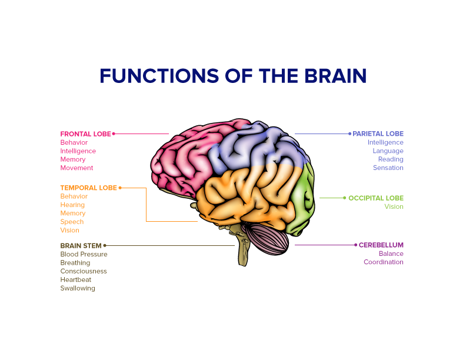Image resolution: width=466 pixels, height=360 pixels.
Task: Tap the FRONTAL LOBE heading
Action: coord(85,134)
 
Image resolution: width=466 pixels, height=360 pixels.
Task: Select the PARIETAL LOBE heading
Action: coord(378,134)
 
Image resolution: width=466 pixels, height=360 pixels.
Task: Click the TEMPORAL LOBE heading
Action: coord(88,188)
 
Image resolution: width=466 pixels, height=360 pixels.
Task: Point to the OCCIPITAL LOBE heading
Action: coord(376,198)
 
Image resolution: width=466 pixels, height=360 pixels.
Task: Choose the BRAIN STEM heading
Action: coord(81,245)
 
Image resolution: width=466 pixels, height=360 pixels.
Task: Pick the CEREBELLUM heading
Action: coord(381,245)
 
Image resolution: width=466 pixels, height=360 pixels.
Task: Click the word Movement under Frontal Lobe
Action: coord(76,168)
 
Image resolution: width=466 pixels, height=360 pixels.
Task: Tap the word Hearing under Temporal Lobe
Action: coord(72,205)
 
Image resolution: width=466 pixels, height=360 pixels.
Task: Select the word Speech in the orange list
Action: coord(72,222)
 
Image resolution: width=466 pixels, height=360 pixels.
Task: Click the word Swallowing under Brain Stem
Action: coord(78,288)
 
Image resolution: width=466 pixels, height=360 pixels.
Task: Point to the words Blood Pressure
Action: coord(84,254)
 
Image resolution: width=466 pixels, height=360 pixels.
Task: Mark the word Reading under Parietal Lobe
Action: coord(391,159)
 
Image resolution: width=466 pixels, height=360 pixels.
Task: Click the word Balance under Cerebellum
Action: coord(391,254)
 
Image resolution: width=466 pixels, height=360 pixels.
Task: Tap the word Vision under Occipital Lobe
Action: coord(394,206)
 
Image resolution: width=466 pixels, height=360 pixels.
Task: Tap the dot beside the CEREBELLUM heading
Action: coord(355,245)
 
